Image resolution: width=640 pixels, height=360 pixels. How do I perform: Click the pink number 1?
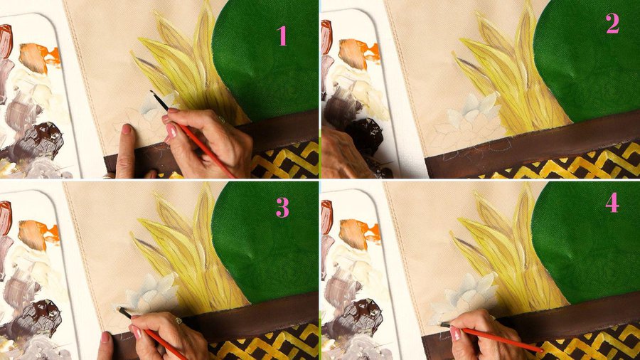pos(282,36)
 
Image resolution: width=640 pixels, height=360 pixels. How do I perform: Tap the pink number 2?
pos(612,23)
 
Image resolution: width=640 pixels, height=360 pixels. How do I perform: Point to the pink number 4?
pos(612,203)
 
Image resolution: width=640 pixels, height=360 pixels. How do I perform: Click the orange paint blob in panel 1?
pos(39,57)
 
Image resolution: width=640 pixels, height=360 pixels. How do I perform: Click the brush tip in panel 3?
pos(119,309)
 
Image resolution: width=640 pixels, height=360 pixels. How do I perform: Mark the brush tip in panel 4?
pos(441,324)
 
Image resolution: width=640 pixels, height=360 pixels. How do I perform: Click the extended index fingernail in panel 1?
pos(127,129)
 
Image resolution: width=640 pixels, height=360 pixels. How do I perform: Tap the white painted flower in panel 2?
pos(474,111)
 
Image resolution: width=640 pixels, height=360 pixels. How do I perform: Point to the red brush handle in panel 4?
pos(503,339)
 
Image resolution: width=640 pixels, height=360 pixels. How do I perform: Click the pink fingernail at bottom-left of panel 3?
pos(106,337)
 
